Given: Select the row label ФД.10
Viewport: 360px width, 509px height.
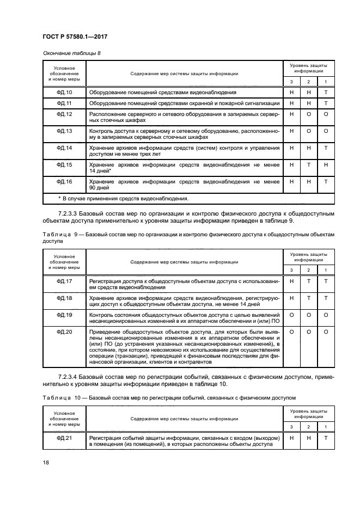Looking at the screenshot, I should click(x=64, y=93).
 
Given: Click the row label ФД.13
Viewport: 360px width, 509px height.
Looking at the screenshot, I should click(x=64, y=131).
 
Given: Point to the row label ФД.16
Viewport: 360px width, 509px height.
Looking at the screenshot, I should click(x=64, y=180).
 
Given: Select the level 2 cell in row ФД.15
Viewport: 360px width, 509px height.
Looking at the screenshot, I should click(x=308, y=164).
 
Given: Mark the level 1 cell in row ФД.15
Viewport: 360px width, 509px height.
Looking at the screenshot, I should click(x=325, y=164).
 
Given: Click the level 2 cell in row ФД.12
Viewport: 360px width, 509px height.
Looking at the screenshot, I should click(x=308, y=115).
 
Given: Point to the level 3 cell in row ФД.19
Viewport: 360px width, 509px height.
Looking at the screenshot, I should click(x=291, y=314).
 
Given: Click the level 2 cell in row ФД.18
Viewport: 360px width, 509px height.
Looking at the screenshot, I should click(x=308, y=298).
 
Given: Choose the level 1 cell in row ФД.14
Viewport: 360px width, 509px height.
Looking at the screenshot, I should click(x=325, y=148).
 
